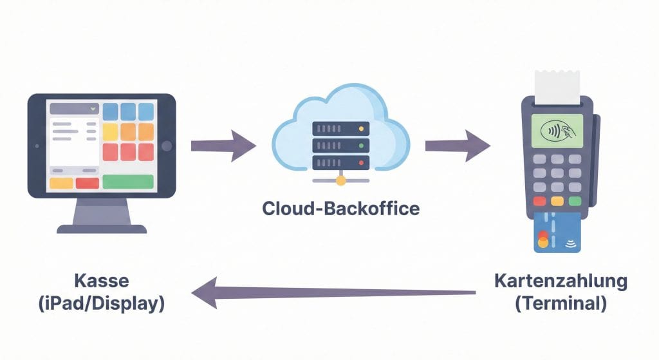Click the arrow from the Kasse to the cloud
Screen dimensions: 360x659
pos(222,146)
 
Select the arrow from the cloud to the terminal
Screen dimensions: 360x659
pos(456,146)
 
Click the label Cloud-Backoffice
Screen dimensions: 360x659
pos(340,209)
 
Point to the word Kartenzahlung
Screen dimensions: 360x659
pos(560,281)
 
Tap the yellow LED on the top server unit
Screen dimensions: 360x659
pos(361,129)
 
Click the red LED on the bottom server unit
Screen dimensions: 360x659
pos(361,162)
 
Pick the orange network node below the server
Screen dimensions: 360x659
pos(340,181)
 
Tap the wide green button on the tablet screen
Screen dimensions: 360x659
pos(128,182)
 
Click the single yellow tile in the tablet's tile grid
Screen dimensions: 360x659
pos(110,131)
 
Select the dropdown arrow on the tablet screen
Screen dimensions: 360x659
pos(93,109)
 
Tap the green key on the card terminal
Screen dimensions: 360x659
pos(575,200)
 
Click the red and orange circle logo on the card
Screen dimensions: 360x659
pos(543,238)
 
